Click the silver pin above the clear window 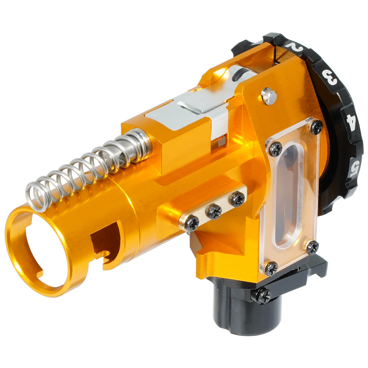point(269,96)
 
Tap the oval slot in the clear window point(287,195)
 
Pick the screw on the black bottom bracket point(262,296)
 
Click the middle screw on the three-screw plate point(214,212)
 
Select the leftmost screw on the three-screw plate point(192,223)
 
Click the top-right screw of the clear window point(316,127)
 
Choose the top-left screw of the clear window point(275,149)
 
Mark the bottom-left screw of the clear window point(271,268)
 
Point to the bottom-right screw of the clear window point(312,247)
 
